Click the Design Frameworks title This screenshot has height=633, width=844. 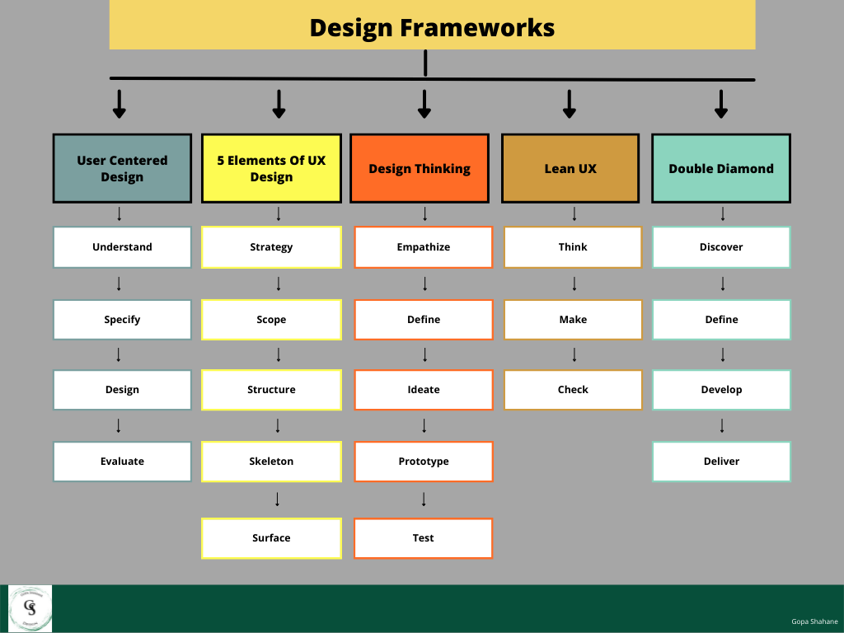click(432, 27)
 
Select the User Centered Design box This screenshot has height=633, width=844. click(122, 168)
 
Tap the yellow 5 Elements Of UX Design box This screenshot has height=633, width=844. click(271, 168)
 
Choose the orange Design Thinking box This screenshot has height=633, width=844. click(420, 168)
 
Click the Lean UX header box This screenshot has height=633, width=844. click(570, 168)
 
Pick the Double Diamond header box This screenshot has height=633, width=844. click(721, 168)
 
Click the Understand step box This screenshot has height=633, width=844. click(122, 246)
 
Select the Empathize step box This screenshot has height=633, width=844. click(424, 246)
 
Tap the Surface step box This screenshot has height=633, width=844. click(271, 538)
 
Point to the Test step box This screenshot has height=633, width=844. click(424, 538)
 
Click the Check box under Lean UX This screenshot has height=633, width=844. click(573, 390)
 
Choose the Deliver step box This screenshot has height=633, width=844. click(721, 462)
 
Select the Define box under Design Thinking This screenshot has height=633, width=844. click(424, 320)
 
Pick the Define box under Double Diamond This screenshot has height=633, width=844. click(721, 320)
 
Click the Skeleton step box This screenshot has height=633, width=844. click(271, 462)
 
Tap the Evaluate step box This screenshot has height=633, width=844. click(122, 462)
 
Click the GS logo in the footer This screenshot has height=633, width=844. click(30, 608)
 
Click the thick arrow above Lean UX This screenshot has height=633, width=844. click(569, 104)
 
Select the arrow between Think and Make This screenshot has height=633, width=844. click(574, 284)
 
